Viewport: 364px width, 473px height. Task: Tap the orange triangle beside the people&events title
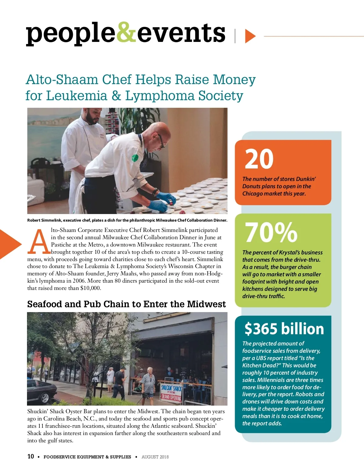tap(249, 36)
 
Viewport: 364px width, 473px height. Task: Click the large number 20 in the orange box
tap(259, 159)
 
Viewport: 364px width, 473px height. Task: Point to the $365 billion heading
tap(284, 329)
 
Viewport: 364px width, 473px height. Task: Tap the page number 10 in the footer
tap(31, 456)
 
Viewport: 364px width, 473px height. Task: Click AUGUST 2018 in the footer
tap(155, 457)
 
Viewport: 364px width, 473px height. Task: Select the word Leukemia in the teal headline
tap(77, 96)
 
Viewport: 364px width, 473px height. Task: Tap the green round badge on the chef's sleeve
tap(135, 158)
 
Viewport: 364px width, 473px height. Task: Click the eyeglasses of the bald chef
tap(161, 141)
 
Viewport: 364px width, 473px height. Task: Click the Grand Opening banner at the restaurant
tap(171, 397)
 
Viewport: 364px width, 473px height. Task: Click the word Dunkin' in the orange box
tap(306, 179)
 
